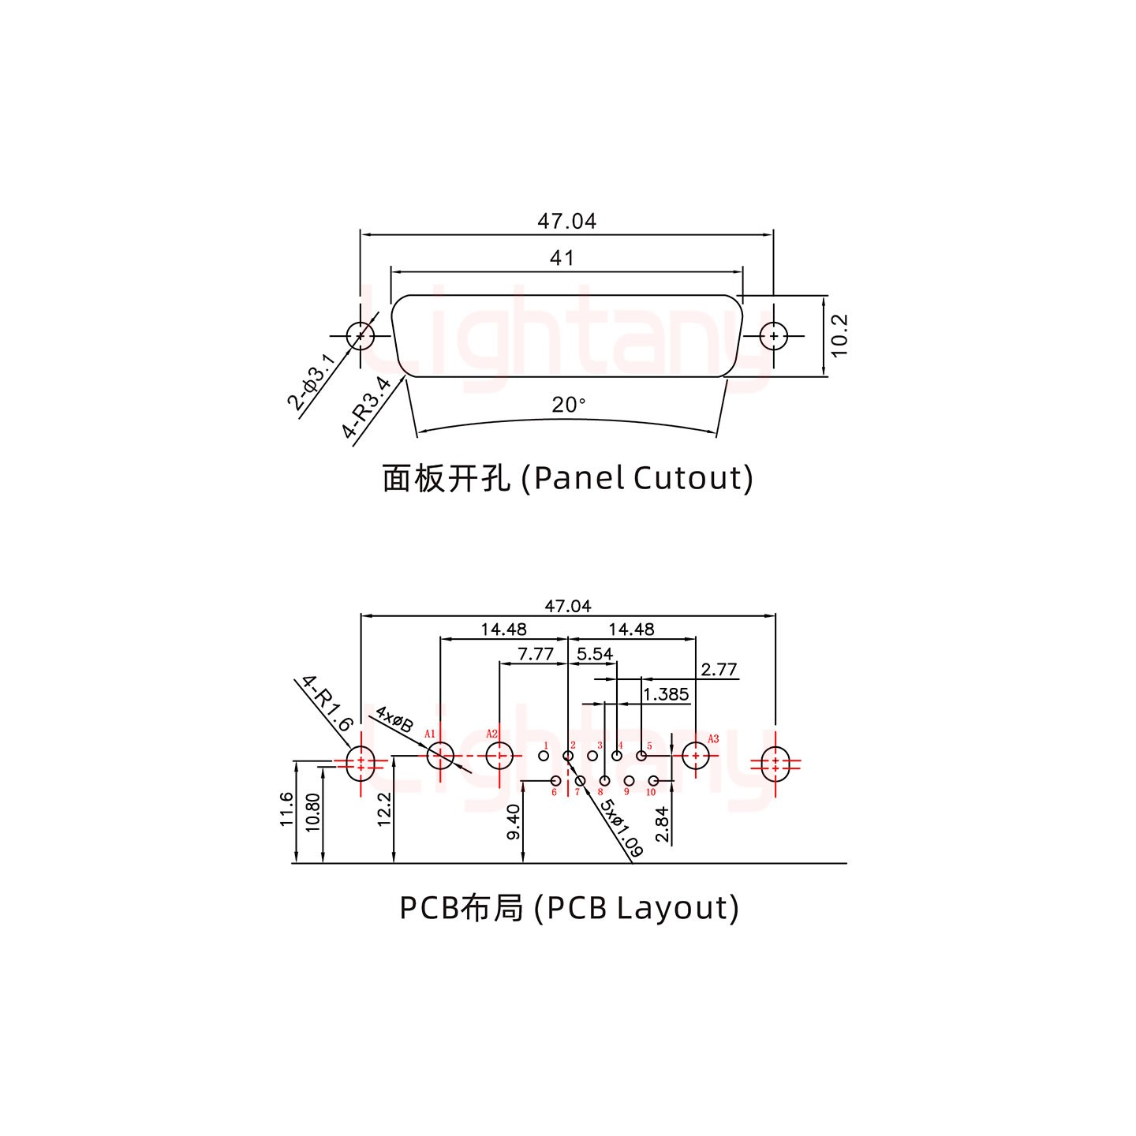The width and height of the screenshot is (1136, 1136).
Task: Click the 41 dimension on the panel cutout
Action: pyautogui.click(x=562, y=258)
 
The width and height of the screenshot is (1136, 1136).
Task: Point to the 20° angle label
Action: pyautogui.click(x=568, y=405)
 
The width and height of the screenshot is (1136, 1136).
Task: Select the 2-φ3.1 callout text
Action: pyautogui.click(x=312, y=383)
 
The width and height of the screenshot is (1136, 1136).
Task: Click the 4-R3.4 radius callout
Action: pyautogui.click(x=366, y=407)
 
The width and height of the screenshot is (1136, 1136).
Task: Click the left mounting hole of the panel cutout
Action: pyautogui.click(x=361, y=336)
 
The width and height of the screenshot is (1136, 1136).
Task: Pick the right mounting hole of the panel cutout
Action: pyautogui.click(x=774, y=336)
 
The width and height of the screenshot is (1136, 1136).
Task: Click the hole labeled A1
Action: pyautogui.click(x=440, y=757)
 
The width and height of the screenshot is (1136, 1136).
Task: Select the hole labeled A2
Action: pyautogui.click(x=499, y=757)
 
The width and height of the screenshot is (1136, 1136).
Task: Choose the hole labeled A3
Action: pyautogui.click(x=695, y=757)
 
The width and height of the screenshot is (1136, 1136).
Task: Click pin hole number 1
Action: pyautogui.click(x=543, y=757)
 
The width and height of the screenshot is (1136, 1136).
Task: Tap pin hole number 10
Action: pyautogui.click(x=653, y=781)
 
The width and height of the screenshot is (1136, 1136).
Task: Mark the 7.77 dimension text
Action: pyautogui.click(x=536, y=654)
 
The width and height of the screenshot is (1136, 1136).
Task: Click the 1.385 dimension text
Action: pyautogui.click(x=666, y=694)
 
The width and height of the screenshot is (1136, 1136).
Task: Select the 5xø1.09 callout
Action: pyautogui.click(x=621, y=828)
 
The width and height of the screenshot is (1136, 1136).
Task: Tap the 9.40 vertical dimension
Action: pyautogui.click(x=514, y=821)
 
